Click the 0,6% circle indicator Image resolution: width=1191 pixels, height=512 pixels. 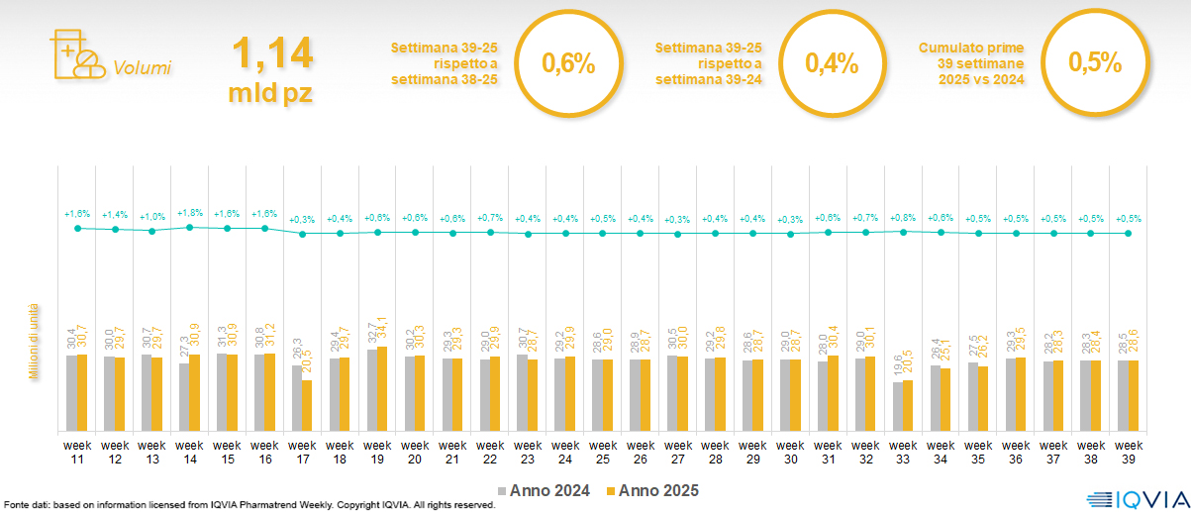pyautogui.click(x=568, y=64)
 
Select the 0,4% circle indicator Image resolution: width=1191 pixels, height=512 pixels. pyautogui.click(x=831, y=64)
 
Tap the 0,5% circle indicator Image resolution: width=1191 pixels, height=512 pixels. pyautogui.click(x=1094, y=64)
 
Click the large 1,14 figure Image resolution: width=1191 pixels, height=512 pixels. pyautogui.click(x=270, y=54)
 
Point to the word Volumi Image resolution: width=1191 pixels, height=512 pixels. pyautogui.click(x=142, y=68)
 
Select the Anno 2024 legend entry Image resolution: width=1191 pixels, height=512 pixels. pyautogui.click(x=544, y=490)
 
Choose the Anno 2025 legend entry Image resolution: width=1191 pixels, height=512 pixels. pyautogui.click(x=651, y=490)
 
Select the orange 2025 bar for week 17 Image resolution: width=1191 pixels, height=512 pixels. pyautogui.click(x=307, y=406)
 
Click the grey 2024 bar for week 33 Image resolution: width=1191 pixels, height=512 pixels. pyautogui.click(x=897, y=406)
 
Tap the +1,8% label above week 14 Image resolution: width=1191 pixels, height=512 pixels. pyautogui.click(x=189, y=213)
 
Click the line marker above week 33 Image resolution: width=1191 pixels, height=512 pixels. pyautogui.click(x=904, y=232)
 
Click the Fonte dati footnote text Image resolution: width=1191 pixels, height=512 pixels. pyautogui.click(x=248, y=505)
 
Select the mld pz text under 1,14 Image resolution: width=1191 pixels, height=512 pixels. pyautogui.click(x=270, y=93)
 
